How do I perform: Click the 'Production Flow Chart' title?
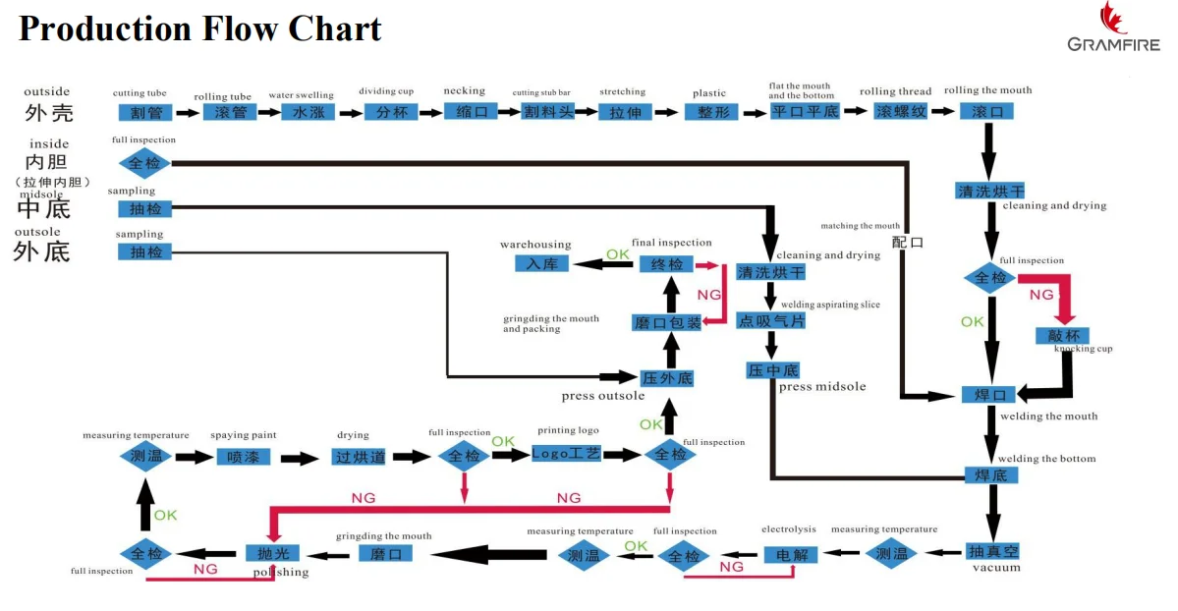coord(199,28)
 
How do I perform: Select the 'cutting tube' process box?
coord(145,112)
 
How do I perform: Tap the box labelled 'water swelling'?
coord(308,112)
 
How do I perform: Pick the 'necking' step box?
coord(466,111)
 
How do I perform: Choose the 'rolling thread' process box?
coord(901,111)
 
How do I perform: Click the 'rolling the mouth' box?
coord(986,111)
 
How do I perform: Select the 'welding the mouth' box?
coord(989,395)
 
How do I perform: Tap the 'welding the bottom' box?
coord(990,475)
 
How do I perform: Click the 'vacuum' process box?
coord(992,550)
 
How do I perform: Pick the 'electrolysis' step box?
coord(791,555)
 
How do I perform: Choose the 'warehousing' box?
coord(542,263)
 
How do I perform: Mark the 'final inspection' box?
coord(667,263)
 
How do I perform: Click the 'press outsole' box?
coord(667,378)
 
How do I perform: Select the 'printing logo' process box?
coord(566,454)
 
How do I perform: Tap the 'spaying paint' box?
coord(244,457)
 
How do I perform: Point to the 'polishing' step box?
coord(272,553)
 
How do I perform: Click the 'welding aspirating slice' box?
coord(771,320)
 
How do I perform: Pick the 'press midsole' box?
coord(772,370)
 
